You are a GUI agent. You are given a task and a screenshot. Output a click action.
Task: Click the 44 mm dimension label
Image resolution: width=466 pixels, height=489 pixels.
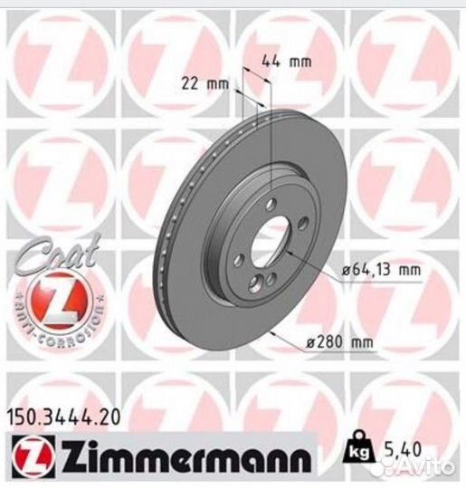[x=287, y=62]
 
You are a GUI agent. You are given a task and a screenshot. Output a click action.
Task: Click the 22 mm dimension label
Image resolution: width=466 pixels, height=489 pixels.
[x=205, y=84]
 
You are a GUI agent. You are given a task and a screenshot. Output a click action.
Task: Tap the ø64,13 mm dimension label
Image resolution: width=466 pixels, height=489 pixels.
[x=381, y=270]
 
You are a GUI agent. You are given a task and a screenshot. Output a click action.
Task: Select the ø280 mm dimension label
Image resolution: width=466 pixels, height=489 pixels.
[x=339, y=342]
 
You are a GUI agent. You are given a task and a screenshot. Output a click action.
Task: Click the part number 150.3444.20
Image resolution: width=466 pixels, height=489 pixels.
[x=63, y=417]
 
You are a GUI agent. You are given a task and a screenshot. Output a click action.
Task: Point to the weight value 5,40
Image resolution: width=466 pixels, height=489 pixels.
[x=401, y=450]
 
